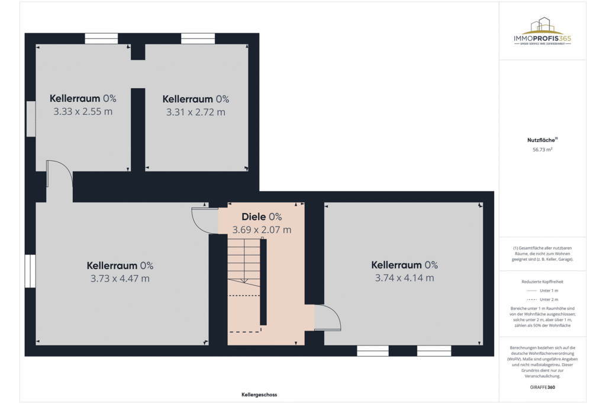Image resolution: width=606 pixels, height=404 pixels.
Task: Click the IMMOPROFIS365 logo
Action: tap(542, 32)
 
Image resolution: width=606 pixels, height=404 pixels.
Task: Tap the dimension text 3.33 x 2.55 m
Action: tap(83, 111)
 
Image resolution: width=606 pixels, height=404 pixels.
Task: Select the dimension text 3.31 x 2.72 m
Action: tap(196, 112)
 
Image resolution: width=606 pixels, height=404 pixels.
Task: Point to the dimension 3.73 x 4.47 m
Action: tap(120, 278)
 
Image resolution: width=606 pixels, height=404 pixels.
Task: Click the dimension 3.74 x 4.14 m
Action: tap(405, 277)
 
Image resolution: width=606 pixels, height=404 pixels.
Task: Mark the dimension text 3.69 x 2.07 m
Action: tap(262, 230)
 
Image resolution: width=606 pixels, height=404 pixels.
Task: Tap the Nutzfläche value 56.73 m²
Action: tap(543, 150)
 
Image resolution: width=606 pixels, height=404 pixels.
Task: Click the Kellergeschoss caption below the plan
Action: tap(259, 395)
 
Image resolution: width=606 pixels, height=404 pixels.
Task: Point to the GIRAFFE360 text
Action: tap(542, 387)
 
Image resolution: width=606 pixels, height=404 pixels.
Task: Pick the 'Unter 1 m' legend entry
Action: tap(543, 291)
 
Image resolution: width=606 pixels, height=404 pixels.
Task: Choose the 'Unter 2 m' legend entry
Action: tap(543, 300)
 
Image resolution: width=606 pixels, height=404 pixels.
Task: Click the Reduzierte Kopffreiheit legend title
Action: tap(543, 282)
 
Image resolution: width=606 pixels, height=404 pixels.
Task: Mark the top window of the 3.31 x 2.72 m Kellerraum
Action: tap(198, 38)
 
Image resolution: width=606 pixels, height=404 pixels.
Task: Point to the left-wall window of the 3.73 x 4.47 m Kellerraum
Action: tap(30, 271)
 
